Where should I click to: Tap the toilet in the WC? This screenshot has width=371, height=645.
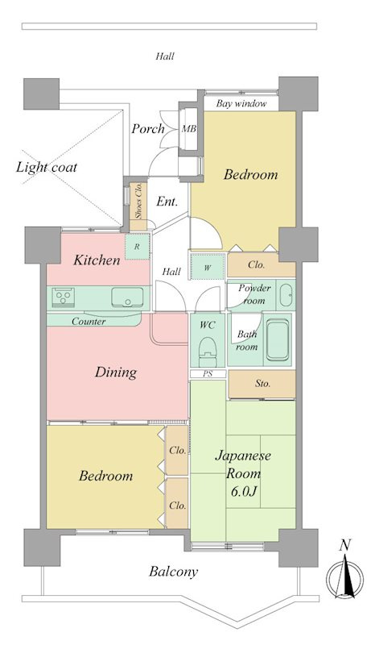(208, 352)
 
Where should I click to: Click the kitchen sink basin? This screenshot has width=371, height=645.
(128, 297)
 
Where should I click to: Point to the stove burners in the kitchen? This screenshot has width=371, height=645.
(64, 297)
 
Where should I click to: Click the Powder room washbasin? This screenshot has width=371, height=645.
(286, 295)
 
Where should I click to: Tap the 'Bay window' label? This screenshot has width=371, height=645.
(241, 104)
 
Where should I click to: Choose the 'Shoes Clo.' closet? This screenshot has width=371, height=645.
(138, 206)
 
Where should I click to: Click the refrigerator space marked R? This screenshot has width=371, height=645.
(137, 247)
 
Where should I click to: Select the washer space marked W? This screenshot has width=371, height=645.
(208, 268)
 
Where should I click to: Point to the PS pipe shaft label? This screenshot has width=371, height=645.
(208, 374)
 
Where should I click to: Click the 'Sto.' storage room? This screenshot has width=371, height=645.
(262, 384)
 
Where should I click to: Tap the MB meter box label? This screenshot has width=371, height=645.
(189, 129)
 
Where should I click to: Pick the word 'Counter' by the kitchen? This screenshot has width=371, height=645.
(89, 321)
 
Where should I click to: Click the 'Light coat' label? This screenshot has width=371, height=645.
(47, 167)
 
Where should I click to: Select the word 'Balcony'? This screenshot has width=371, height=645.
(173, 572)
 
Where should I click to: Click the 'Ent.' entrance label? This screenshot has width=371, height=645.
(167, 202)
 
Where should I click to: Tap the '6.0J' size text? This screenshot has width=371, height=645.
(243, 491)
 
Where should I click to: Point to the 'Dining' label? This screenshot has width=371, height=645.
(116, 372)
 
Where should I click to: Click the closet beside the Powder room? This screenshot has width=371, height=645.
(262, 265)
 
